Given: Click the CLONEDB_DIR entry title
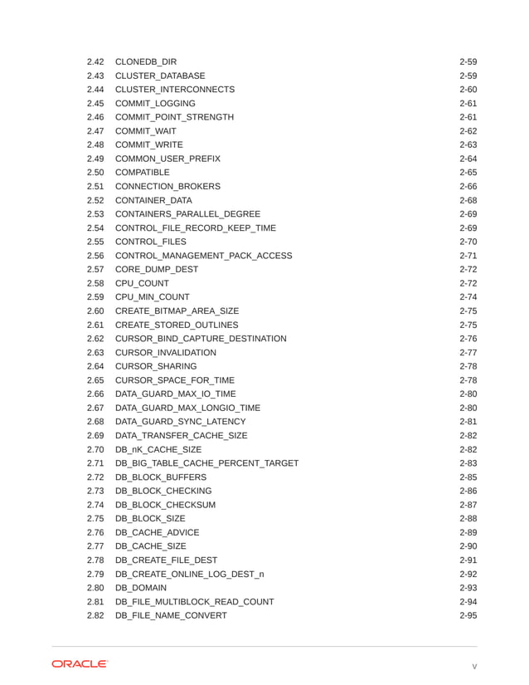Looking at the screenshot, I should tap(145, 61).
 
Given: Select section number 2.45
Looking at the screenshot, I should tap(95, 103).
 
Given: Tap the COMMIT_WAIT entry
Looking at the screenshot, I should tap(145, 131).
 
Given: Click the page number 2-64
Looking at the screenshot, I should tap(468, 159).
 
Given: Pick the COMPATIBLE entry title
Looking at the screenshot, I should tap(142, 173).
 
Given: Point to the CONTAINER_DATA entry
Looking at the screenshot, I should tap(153, 200).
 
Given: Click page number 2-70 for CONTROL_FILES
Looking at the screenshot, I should tap(468, 242).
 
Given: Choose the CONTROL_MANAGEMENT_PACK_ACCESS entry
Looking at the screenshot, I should tap(203, 256).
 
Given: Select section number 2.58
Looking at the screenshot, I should tap(95, 283).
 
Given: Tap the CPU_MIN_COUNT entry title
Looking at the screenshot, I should tap(152, 297).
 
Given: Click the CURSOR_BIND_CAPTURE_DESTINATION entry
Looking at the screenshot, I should tap(201, 339).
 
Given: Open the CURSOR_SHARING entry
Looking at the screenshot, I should tap(156, 366).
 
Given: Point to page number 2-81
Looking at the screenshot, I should tap(468, 422).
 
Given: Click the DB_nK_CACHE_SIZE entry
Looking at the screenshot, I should tap(158, 449).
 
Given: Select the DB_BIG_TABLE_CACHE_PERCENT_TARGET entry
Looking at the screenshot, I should tap(206, 463).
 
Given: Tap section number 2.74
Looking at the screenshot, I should tap(95, 505).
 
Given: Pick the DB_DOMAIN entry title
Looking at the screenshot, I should tap(142, 588).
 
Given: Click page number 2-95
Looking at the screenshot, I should tap(468, 615).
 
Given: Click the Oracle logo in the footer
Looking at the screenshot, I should tap(80, 664).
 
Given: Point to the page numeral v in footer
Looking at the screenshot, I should tap(474, 666).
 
